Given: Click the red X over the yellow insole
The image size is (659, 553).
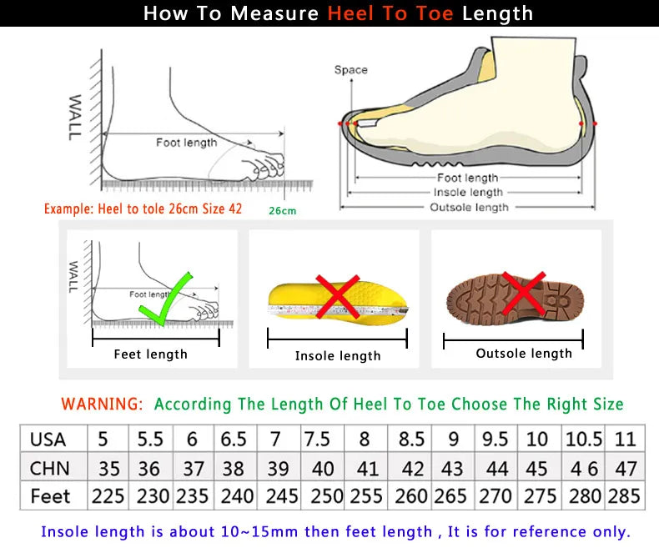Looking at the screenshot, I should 337,297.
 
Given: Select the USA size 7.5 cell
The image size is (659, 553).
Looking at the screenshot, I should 317,439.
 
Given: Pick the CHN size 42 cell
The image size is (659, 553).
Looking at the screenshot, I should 411,468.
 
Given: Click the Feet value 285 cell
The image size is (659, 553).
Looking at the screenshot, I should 624,496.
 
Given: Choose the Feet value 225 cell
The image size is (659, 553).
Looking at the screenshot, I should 108,496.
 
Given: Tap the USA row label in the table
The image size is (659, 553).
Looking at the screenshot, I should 48,439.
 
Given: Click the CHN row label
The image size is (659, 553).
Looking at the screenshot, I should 49,468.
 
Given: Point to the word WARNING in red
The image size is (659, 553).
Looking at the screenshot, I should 102,404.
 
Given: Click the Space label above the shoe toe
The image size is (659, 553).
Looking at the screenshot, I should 350,70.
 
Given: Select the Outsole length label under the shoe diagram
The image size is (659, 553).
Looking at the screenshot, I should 468,207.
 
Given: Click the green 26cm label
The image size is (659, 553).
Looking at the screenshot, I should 282,211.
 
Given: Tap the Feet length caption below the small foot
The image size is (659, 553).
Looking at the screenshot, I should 150,354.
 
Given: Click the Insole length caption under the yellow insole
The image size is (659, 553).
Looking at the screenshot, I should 338,356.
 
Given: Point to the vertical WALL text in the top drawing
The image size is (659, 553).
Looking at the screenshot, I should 75,116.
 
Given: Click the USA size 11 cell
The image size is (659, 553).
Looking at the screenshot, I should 625,439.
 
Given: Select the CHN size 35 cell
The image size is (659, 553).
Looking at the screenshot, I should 108,468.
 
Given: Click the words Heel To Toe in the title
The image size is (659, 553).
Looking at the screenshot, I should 391,13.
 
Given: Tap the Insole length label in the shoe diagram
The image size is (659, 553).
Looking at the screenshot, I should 468,193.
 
